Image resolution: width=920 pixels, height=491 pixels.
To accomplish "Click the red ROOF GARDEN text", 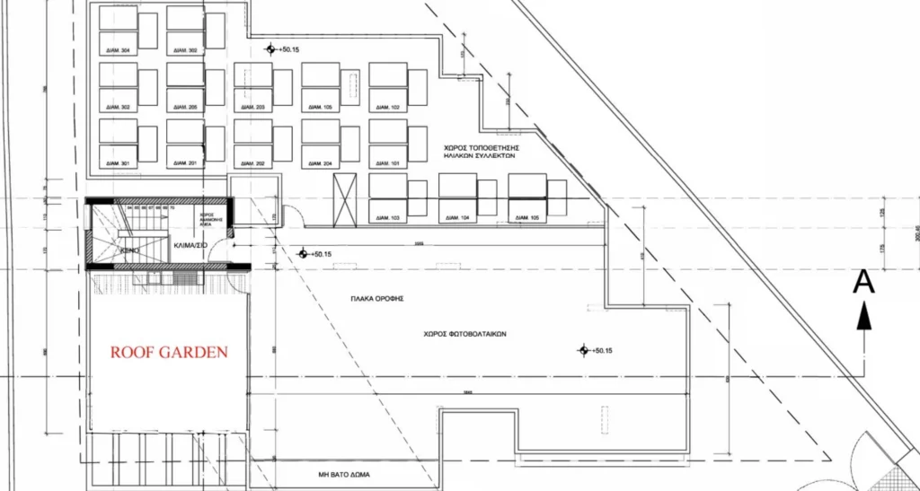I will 169,353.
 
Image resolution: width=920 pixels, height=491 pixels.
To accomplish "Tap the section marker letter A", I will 863,282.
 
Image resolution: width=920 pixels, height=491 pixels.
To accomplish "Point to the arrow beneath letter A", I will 863,316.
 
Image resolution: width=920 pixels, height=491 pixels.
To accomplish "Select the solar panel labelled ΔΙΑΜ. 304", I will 118,50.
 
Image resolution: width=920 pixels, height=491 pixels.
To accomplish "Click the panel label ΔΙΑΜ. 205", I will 187,108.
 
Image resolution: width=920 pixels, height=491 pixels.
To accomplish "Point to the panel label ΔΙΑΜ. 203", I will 253,108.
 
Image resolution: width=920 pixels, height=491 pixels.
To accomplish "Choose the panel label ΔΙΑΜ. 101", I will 388,163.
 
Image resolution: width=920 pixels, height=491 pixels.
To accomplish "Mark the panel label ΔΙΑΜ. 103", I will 388,219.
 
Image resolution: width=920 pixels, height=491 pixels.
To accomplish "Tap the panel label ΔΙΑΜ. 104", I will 458,219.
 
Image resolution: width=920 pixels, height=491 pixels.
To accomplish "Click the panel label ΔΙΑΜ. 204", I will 321,163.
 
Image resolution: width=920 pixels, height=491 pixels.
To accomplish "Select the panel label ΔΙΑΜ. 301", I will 118,163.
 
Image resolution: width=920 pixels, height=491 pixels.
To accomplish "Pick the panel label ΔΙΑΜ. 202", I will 253,163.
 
